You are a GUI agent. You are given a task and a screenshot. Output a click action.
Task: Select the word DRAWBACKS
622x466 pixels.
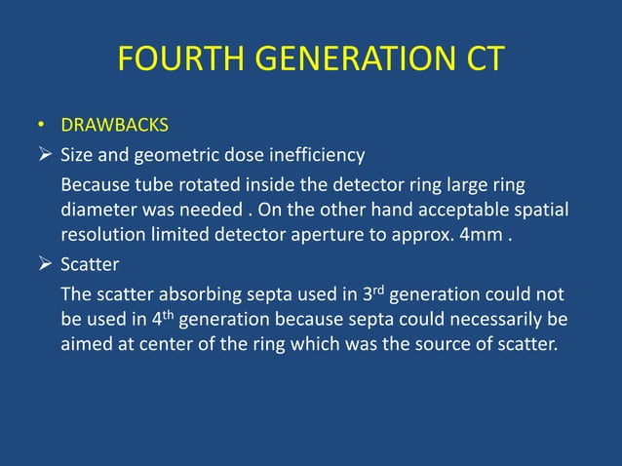(x=114, y=126)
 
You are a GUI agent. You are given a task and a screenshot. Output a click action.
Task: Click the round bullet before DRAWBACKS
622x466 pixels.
(x=42, y=126)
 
